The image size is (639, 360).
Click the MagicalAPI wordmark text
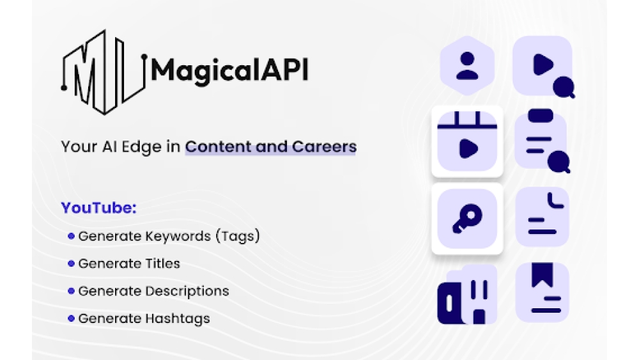[229, 70]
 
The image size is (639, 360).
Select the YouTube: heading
[99, 208]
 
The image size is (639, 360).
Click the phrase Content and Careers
[270, 146]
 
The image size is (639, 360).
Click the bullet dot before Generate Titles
[72, 263]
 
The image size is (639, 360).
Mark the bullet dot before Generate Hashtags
[72, 318]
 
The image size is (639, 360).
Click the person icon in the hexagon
[468, 66]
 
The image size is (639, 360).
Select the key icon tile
[467, 219]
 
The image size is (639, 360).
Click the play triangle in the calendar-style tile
[468, 148]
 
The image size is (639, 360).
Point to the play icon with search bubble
[544, 67]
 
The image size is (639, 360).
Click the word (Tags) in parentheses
[237, 236]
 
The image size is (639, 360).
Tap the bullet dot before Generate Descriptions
[72, 291]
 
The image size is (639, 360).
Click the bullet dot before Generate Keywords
[72, 236]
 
